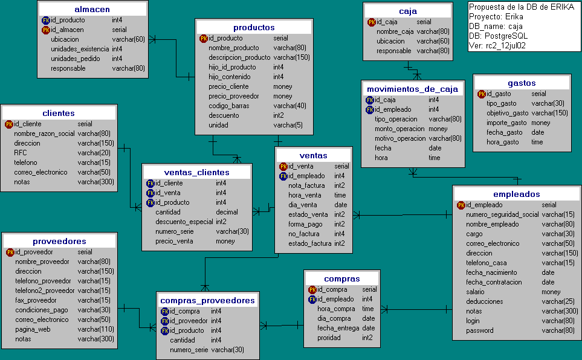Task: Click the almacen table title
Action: click(92, 10)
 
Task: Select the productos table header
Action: click(254, 27)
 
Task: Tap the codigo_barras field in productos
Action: click(228, 106)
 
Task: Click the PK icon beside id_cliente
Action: click(9, 124)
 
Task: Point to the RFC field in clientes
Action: click(20, 153)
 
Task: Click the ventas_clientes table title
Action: click(196, 172)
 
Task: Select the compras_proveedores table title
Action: click(208, 300)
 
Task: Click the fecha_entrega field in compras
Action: click(338, 328)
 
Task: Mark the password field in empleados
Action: click(480, 330)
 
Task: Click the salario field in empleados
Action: click(476, 292)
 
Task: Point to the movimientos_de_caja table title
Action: click(412, 89)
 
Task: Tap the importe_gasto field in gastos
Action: click(505, 123)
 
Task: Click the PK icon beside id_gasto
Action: click(482, 94)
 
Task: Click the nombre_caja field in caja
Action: click(395, 31)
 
